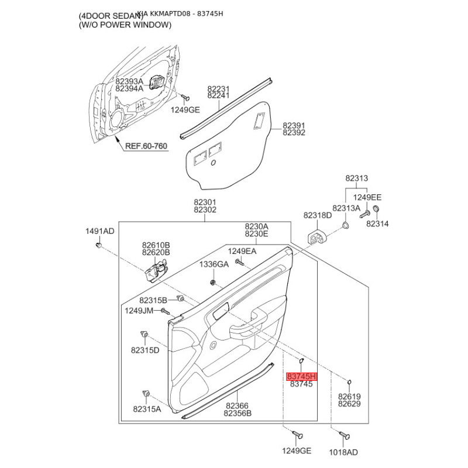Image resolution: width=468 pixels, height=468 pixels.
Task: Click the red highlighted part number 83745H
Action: [x=301, y=377]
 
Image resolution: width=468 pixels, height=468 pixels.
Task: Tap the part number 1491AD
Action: [x=100, y=232]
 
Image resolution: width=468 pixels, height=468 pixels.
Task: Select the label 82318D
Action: [x=318, y=216]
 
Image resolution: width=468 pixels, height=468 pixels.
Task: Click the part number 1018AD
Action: [x=344, y=452]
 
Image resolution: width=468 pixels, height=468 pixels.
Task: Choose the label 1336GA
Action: [x=214, y=264]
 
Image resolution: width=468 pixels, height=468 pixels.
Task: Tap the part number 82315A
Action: [x=146, y=409]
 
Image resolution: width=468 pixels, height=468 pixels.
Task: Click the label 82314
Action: [x=377, y=224]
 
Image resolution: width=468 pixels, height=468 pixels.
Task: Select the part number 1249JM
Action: [x=139, y=311]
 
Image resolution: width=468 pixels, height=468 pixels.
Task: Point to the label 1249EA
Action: [x=242, y=251]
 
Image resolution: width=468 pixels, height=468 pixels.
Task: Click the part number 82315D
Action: [x=145, y=350]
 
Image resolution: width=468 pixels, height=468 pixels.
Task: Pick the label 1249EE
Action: [x=367, y=198]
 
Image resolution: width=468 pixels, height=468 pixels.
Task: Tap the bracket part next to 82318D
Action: [x=316, y=236]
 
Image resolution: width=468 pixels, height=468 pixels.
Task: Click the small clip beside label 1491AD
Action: [x=99, y=245]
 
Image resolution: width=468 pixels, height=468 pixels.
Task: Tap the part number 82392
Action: [x=294, y=133]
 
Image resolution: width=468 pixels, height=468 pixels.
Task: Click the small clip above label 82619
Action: [x=348, y=383]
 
